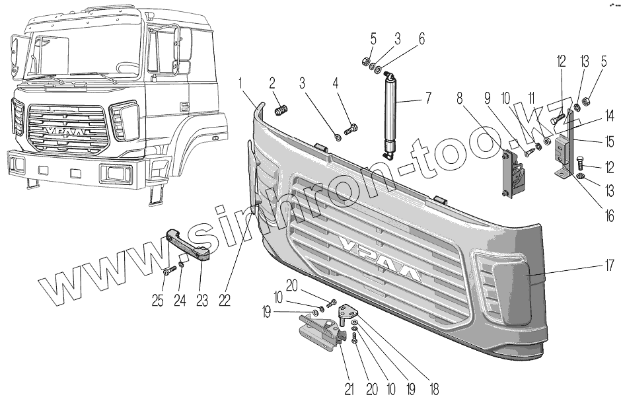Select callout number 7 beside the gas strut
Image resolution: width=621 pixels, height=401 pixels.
point(429,98)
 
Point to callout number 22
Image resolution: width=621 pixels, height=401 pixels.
point(225,300)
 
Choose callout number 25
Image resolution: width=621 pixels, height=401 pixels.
point(157,300)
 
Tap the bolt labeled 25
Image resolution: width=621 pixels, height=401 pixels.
point(170,269)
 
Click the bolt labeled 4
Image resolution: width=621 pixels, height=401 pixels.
point(352,129)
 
